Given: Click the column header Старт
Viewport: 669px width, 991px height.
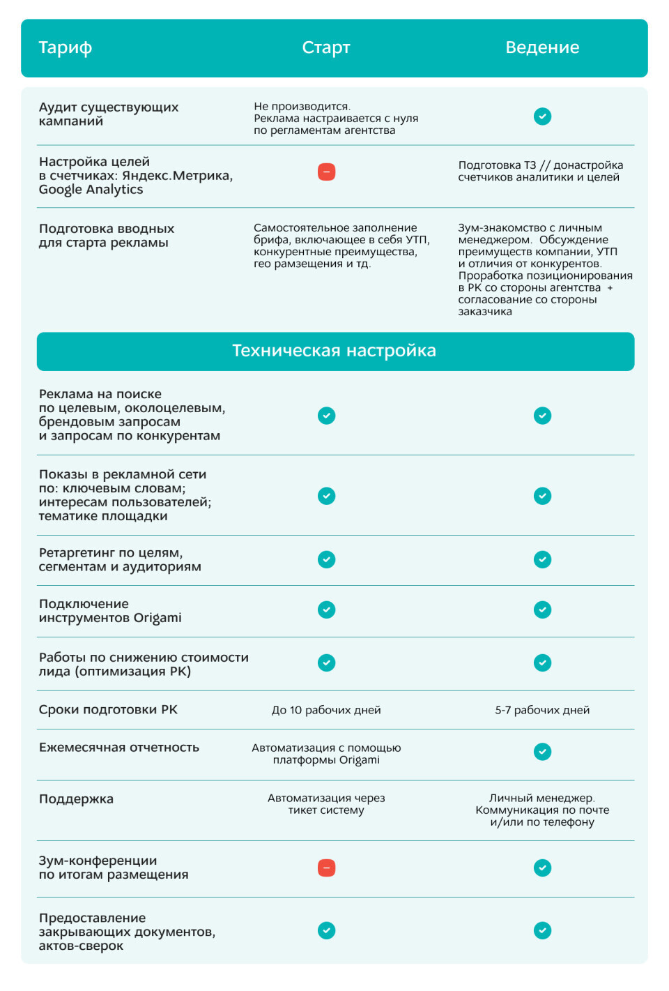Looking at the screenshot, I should (x=326, y=47).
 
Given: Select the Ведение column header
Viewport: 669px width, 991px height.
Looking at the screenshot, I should (x=542, y=47).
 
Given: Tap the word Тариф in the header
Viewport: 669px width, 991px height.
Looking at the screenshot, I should (x=65, y=47).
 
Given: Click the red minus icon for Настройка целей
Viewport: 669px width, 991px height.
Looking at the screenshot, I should (x=326, y=172).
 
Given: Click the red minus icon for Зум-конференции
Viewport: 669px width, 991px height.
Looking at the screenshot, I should (x=326, y=868).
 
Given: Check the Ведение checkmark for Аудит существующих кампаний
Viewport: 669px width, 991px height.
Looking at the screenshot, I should (x=542, y=116).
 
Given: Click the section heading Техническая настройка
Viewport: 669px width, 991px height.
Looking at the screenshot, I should (x=334, y=351).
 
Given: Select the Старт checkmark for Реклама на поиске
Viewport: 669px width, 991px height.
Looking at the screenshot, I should (x=326, y=416).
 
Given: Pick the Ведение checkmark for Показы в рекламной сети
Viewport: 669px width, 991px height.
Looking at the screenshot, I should (x=542, y=496).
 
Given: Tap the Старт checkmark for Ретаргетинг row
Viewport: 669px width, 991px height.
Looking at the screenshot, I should (x=326, y=559).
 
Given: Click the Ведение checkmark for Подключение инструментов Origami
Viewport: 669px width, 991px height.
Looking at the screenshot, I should (x=542, y=610).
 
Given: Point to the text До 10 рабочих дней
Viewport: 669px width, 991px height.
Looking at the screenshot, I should (x=326, y=710).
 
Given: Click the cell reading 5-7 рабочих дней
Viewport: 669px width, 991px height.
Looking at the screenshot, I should (x=542, y=710).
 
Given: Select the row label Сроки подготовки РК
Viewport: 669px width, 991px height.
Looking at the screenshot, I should (x=108, y=710).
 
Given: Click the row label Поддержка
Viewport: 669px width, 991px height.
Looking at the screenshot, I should (x=76, y=799).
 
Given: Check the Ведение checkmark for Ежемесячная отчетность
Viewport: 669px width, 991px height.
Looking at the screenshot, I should (x=542, y=751).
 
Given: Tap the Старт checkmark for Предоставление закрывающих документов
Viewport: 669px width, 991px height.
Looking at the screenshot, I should (x=326, y=930).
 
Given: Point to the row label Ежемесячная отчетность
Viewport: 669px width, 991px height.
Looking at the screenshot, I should (x=119, y=748).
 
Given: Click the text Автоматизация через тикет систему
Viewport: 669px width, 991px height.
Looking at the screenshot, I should (x=326, y=804).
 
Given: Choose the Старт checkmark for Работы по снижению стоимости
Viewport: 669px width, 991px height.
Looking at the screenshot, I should (x=326, y=663).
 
